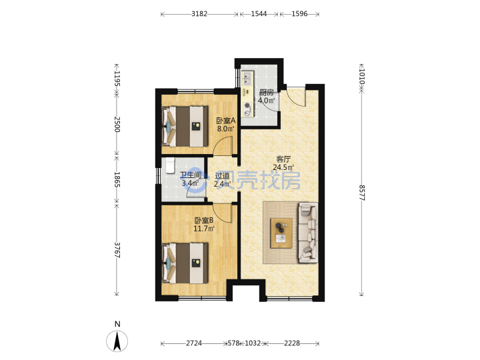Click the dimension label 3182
tap(199, 14)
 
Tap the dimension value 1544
tap(259, 14)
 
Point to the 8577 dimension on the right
tap(361, 193)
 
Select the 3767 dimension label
tap(117, 250)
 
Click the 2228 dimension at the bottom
tap(292, 343)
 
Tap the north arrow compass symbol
tap(117, 341)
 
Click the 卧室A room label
tap(225, 121)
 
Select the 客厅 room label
tap(283, 159)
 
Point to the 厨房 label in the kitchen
tap(266, 92)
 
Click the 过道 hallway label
tap(222, 176)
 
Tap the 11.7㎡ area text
tap(204, 229)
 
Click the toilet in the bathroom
tap(169, 165)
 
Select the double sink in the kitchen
tap(247, 78)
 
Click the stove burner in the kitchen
tap(247, 110)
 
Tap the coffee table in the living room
tap(281, 233)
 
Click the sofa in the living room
tap(308, 233)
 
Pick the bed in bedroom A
tap(185, 126)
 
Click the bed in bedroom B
tap(185, 263)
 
